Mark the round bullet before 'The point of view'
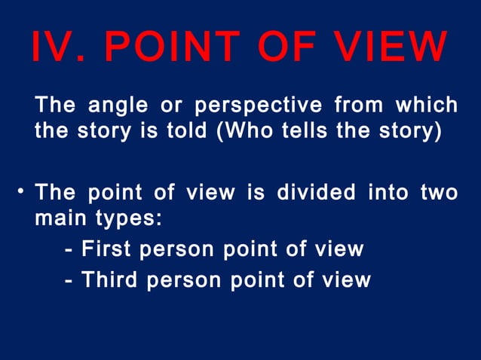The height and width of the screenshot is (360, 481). click(23, 193)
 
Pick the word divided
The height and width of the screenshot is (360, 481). click(316, 192)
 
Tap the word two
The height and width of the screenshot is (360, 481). click(440, 192)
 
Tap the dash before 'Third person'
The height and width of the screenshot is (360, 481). click(69, 280)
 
